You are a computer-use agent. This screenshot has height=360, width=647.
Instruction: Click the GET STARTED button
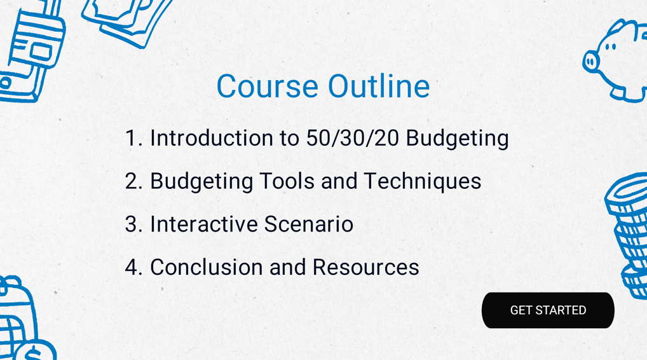[x=548, y=310]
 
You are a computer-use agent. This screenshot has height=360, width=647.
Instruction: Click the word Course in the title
[x=268, y=87]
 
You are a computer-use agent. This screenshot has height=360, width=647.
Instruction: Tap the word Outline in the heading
[x=379, y=86]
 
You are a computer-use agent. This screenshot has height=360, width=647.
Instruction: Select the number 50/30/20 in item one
[x=352, y=138]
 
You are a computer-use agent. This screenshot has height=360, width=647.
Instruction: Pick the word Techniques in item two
[x=422, y=182]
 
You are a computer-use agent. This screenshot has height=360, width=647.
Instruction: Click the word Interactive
[x=204, y=224]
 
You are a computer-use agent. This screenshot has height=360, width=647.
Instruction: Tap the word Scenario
[x=309, y=224]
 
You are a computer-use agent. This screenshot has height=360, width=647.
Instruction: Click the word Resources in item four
[x=365, y=267]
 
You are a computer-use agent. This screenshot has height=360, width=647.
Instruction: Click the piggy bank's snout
[x=591, y=62]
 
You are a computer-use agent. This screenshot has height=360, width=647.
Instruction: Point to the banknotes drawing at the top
[x=126, y=20]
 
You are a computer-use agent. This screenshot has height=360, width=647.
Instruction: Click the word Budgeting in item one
[x=457, y=139]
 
